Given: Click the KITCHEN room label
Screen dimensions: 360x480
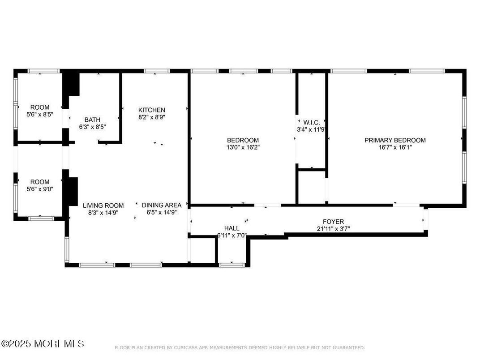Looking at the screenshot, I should pos(151,110).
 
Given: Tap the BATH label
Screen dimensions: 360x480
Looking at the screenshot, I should pos(92,120).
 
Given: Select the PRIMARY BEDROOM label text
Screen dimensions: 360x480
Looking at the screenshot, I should pos(395,140).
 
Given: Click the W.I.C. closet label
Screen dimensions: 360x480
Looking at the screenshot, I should pos(311,122).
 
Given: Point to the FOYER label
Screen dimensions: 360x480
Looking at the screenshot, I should pos(333,222).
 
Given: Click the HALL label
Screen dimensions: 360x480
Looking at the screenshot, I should pos(231,228).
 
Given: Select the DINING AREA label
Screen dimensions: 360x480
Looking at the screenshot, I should pos(162,206).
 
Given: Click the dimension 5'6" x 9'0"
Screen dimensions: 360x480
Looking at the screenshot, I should pos(40,189).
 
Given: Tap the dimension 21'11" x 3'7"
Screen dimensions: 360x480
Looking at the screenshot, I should pos(333,228).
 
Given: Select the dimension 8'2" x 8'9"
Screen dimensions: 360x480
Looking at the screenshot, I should pos(151,117).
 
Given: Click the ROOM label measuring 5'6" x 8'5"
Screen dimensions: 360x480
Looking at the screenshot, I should pos(40,107).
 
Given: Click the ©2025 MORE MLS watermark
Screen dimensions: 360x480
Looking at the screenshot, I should pos(43,344).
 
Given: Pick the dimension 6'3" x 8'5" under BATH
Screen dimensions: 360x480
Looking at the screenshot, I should pos(92,127).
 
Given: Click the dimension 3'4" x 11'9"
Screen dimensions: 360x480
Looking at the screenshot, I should pos(311,129).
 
